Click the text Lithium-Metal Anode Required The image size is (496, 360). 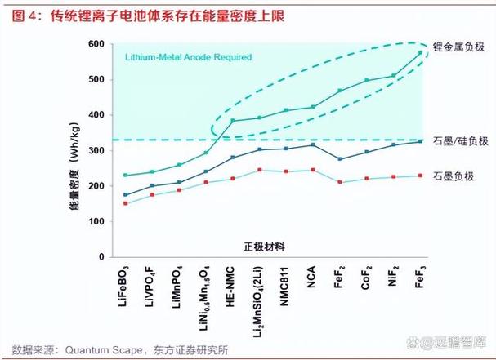[187, 58]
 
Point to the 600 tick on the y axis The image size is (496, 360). [96, 43]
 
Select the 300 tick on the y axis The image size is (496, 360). [96, 150]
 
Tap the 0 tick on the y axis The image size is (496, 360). [101, 257]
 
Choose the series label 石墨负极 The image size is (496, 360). [459, 176]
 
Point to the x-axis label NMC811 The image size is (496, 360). [285, 286]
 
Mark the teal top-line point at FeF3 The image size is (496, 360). [420, 52]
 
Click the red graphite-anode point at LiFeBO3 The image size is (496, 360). [125, 203]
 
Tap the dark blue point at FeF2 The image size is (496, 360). [339, 158]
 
